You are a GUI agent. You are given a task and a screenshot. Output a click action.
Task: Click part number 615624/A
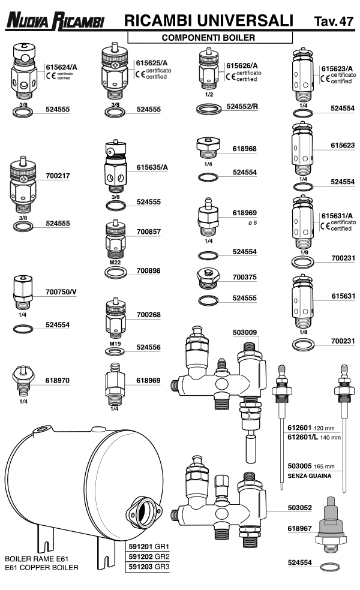click(x=62, y=67)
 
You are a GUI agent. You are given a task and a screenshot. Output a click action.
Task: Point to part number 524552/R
click(x=242, y=107)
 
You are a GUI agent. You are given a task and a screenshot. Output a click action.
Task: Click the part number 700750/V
click(x=62, y=292)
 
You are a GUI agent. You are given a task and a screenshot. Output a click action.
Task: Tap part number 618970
click(x=58, y=380)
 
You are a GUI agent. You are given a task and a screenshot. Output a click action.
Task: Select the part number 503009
click(x=245, y=331)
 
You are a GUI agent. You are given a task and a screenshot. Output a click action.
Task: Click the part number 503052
click(x=300, y=507)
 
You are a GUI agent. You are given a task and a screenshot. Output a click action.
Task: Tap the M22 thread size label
click(x=115, y=261)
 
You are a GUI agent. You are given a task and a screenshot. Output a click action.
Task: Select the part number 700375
click(x=245, y=278)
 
